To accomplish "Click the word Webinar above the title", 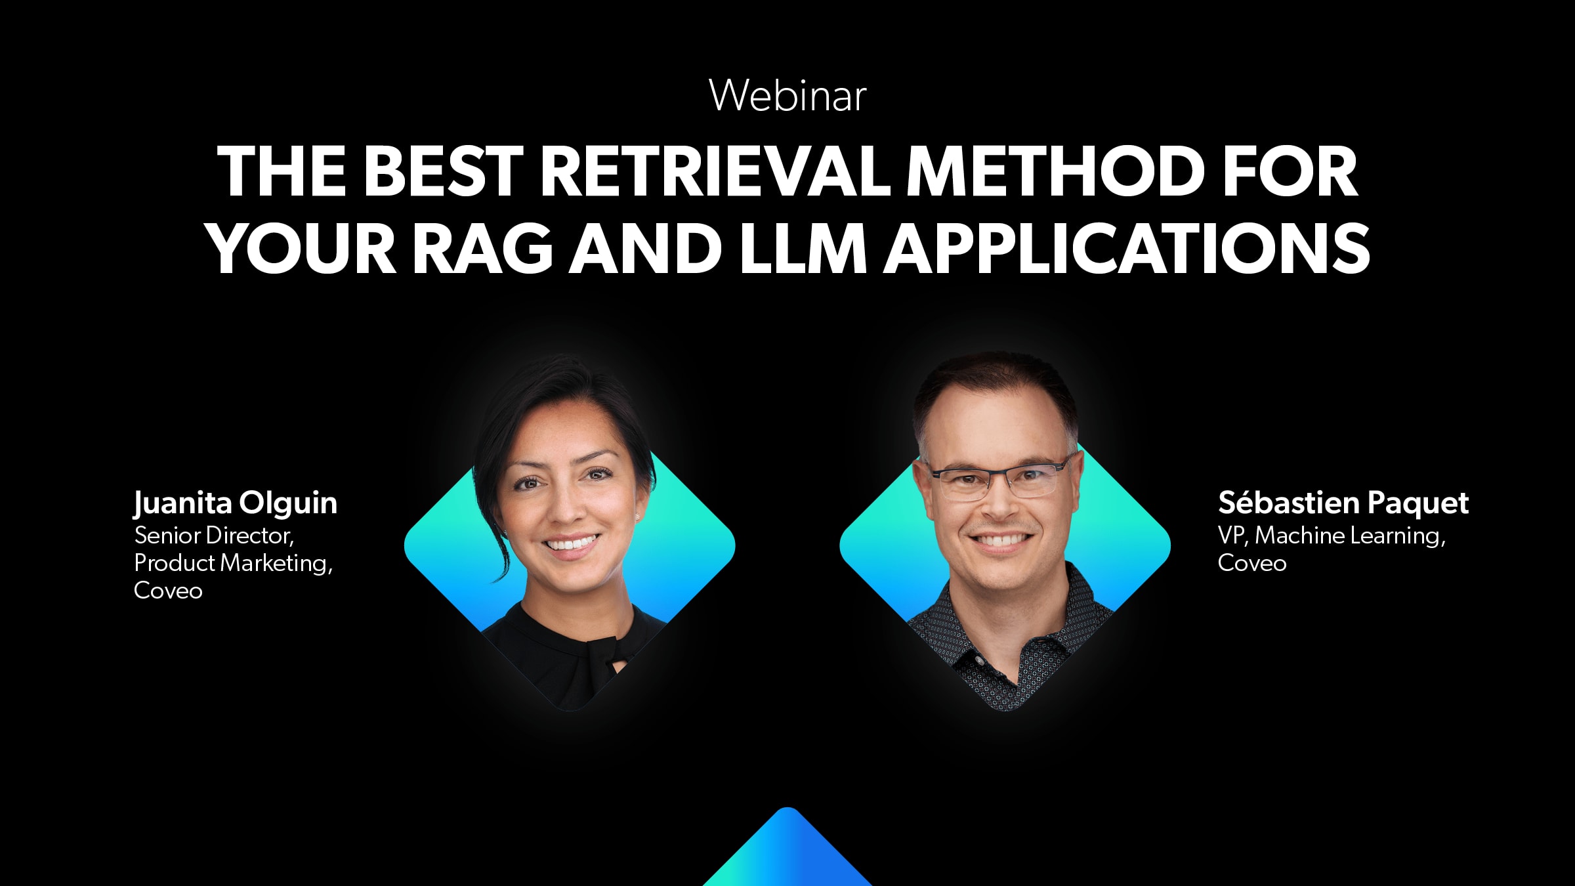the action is click(x=787, y=96).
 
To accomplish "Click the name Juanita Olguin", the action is click(x=236, y=504).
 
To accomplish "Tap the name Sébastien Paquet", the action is click(x=1343, y=503).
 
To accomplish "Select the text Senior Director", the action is click(x=213, y=536).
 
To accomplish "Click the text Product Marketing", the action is click(x=233, y=563).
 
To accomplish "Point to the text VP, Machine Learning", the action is click(x=1332, y=536).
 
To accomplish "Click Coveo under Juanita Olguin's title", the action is click(x=168, y=591).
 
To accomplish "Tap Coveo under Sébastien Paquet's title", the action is click(x=1252, y=563).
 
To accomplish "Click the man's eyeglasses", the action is click(x=1000, y=480).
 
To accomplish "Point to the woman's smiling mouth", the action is click(x=572, y=545).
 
